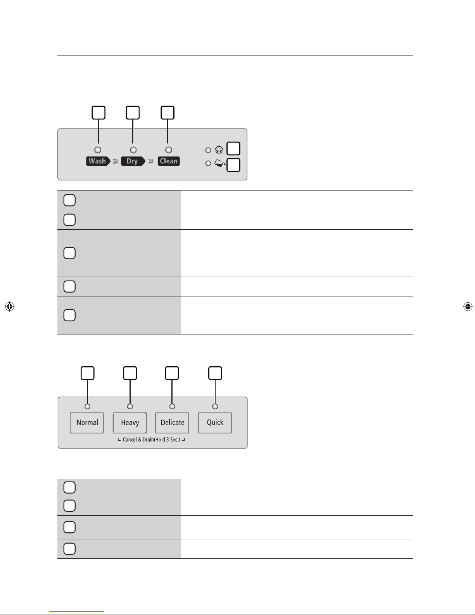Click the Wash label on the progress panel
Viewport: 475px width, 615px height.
[x=98, y=161]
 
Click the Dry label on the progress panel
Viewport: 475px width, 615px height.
[x=133, y=161]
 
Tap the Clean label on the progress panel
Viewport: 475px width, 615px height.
[x=169, y=161]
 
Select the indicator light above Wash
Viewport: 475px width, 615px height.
[x=98, y=150]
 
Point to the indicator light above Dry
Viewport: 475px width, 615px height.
[x=133, y=150]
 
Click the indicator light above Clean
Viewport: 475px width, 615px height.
[x=169, y=150]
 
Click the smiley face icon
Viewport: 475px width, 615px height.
[x=219, y=149]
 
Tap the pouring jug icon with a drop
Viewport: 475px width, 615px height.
[x=220, y=163]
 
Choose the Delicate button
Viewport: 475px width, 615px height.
[x=172, y=423]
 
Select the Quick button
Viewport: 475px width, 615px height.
[x=215, y=423]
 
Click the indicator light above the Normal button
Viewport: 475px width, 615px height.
[x=87, y=406]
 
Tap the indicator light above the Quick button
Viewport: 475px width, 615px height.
[x=215, y=406]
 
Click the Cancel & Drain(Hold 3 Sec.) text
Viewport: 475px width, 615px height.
[x=151, y=440]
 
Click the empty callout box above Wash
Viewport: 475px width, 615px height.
[x=98, y=113]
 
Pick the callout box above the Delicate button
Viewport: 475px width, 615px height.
[x=172, y=373]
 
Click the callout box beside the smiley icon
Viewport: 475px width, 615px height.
[x=233, y=149]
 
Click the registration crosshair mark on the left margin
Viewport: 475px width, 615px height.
[x=10, y=307]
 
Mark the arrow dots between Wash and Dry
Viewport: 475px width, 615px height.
[x=116, y=161]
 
